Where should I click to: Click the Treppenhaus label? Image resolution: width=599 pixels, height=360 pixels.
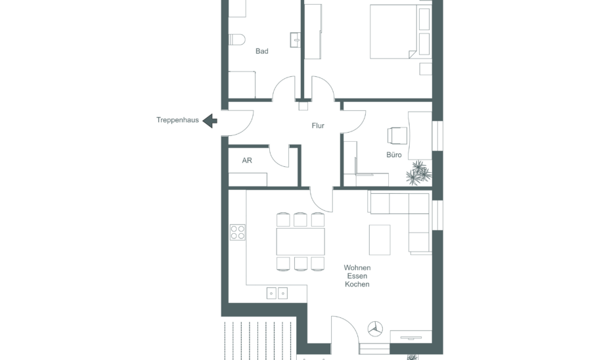click(x=177, y=120)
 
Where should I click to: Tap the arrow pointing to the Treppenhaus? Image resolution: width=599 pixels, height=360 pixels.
click(x=210, y=121)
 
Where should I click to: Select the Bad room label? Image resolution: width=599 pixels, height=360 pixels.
click(x=262, y=51)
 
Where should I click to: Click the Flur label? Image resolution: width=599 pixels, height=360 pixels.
click(x=318, y=125)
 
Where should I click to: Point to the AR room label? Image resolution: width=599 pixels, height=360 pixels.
click(x=247, y=160)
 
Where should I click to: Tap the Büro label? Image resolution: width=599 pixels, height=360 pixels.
click(x=394, y=155)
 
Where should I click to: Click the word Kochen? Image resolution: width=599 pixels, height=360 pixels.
click(x=357, y=284)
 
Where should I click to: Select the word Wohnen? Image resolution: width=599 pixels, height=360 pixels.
click(x=357, y=267)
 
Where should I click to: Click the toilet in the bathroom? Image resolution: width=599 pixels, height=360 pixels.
click(x=237, y=39)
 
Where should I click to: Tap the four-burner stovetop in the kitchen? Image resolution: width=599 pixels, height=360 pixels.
click(x=238, y=233)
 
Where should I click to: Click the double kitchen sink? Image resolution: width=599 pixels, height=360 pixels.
click(x=277, y=293)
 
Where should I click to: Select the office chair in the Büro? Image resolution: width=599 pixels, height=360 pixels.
click(x=397, y=136)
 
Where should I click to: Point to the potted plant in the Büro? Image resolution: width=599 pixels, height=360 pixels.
click(x=418, y=173)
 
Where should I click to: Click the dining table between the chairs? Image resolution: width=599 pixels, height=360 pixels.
click(x=301, y=242)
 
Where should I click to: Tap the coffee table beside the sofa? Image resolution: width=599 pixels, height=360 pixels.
click(x=380, y=240)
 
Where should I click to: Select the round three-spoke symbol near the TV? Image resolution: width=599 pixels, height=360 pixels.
click(x=375, y=329)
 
